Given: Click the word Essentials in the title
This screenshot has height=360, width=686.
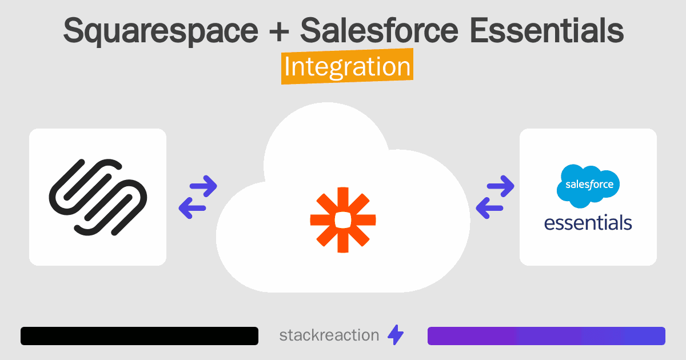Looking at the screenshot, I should (547, 31).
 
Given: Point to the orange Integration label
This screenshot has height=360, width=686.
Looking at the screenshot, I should (347, 67).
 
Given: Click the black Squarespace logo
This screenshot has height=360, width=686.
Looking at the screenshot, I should (98, 197).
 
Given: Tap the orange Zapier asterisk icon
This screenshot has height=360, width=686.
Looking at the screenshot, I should (343, 219).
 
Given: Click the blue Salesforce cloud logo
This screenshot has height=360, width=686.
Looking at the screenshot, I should (588, 185).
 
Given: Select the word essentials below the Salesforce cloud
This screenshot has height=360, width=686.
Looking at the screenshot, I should (588, 222).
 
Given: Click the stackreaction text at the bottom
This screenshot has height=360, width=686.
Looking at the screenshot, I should (329, 335).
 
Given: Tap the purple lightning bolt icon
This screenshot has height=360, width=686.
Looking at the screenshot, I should (396, 335).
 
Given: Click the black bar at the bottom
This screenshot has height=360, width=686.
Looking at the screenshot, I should (139, 336).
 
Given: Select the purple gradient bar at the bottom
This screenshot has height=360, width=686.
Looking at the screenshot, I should (547, 336).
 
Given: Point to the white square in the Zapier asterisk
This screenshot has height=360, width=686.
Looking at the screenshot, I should (343, 219).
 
